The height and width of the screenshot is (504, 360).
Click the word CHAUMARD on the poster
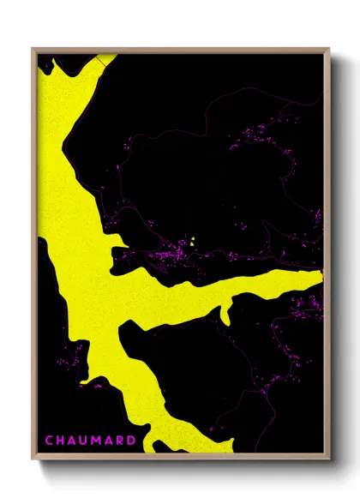click(90, 441)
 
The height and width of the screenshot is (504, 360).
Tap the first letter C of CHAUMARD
click(48, 441)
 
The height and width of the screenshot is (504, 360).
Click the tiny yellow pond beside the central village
click(193, 242)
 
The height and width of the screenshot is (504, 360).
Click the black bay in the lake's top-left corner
click(47, 64)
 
